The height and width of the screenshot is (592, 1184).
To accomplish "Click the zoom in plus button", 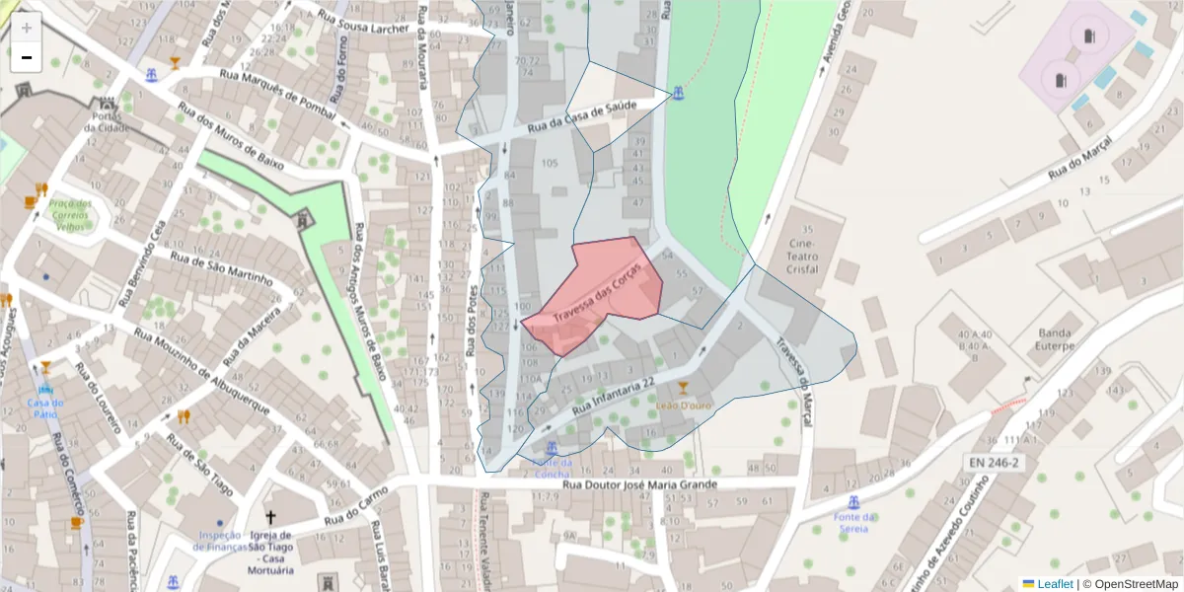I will pyautogui.click(x=27, y=28).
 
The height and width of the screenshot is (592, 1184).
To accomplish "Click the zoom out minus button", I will pyautogui.click(x=27, y=57).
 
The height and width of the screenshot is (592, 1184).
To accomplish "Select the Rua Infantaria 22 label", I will pyautogui.click(x=614, y=394).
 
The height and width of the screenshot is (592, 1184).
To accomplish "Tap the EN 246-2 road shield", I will pyautogui.click(x=993, y=462).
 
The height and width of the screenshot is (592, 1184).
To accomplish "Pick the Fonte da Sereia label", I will pyautogui.click(x=854, y=523).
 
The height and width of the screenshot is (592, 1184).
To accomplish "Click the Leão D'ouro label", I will pyautogui.click(x=684, y=404).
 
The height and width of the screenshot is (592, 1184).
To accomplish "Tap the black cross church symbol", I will pyautogui.click(x=271, y=517).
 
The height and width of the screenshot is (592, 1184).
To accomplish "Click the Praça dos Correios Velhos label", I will pyautogui.click(x=71, y=216).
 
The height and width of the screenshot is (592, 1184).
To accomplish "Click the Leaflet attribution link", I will pyautogui.click(x=1055, y=584).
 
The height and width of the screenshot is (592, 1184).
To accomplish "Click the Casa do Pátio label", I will pyautogui.click(x=45, y=407).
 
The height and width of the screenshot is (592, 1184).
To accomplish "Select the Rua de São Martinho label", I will pyautogui.click(x=221, y=267).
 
